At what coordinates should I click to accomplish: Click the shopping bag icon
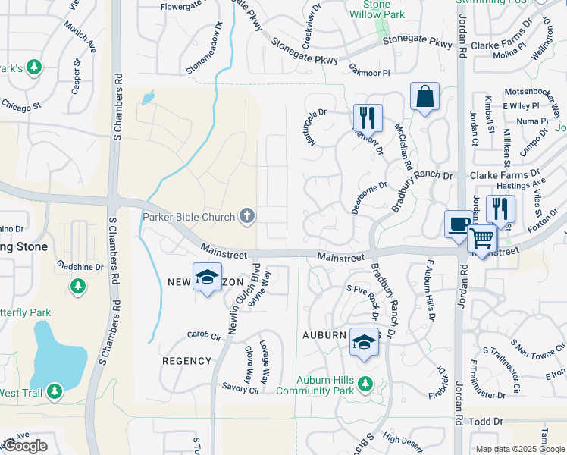[424, 97]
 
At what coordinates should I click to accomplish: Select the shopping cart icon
[482, 239]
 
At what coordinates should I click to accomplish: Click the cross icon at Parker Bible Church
[246, 217]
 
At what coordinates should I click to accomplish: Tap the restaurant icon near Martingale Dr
[368, 118]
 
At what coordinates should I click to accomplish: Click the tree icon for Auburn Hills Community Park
[365, 382]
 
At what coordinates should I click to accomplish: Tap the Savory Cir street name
[241, 388]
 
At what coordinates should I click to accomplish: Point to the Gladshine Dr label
[80, 267]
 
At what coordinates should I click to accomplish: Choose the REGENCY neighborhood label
[186, 361]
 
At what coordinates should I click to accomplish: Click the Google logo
[25, 446]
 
